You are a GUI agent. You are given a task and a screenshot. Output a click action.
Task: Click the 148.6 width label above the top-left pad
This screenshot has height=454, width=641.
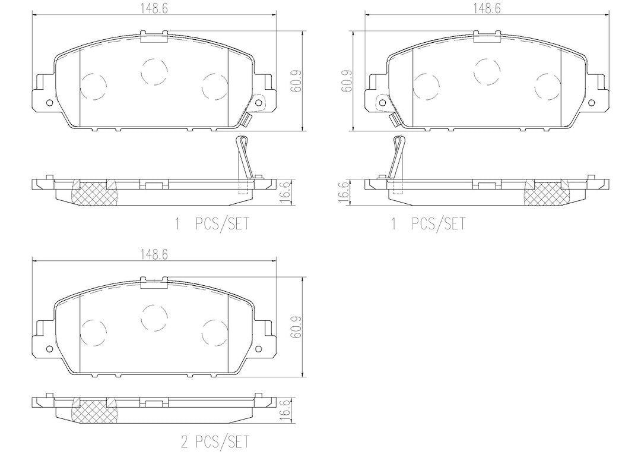tap(154, 8)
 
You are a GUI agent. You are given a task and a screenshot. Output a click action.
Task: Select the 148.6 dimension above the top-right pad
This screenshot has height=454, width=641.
tap(487, 8)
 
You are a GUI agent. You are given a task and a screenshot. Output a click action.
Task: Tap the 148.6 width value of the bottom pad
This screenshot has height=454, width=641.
tap(154, 254)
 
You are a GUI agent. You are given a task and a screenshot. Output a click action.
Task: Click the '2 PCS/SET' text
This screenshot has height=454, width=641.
tap(215, 442)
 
